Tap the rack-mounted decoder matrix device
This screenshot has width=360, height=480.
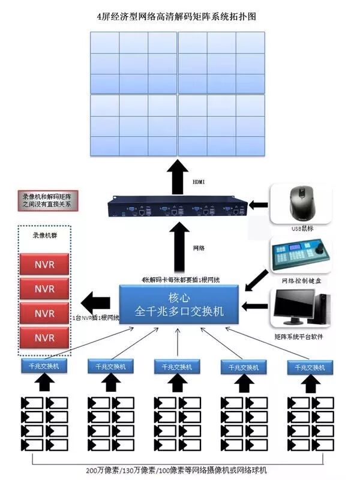pyautogui.click(x=178, y=208)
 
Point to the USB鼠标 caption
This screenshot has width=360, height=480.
pyautogui.click(x=302, y=229)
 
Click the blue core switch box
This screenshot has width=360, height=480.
pyautogui.click(x=179, y=305)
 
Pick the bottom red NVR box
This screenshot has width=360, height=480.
pyautogui.click(x=44, y=338)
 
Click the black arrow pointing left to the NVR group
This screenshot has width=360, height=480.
pyautogui.click(x=94, y=300)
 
